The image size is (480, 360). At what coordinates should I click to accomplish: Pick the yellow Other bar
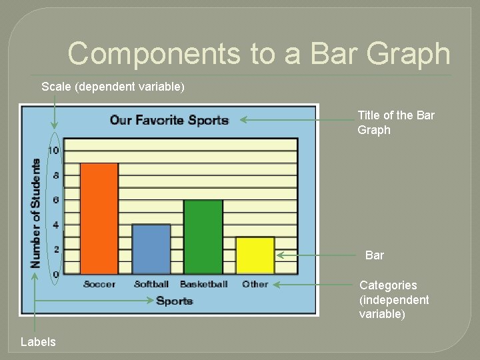[x=255, y=255]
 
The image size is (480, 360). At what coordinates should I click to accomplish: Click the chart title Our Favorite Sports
[x=169, y=120]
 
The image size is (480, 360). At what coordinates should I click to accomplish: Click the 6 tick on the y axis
[x=55, y=200]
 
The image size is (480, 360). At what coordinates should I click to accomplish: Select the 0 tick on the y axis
[x=55, y=274]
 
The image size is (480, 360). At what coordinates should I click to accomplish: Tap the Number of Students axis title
[x=35, y=212]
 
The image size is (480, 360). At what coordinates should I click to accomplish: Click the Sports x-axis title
[x=174, y=301]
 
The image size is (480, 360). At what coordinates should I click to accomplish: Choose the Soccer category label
[x=99, y=284]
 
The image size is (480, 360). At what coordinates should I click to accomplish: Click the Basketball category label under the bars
[x=203, y=284]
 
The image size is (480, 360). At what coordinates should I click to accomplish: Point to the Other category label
[x=255, y=284]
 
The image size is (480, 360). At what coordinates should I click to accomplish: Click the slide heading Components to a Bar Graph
[x=259, y=53]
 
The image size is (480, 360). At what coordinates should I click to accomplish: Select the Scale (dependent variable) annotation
[x=113, y=87]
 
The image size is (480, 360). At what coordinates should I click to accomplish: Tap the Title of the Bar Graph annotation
[x=395, y=123]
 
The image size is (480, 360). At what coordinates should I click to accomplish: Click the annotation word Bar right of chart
[x=375, y=255]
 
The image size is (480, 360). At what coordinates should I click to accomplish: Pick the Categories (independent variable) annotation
[x=394, y=299]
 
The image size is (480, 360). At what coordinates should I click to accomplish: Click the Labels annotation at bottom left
[x=38, y=342]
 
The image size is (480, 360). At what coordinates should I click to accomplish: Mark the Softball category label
[x=151, y=284]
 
